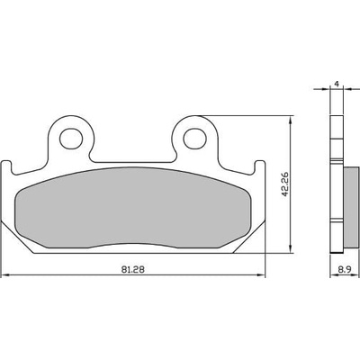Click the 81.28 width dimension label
coord(133,269)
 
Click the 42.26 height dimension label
coord(284,184)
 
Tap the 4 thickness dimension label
coord(337,84)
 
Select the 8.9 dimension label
coord(345,270)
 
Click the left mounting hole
coord(71,139)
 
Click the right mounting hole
coord(195,139)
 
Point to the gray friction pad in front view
coord(133,208)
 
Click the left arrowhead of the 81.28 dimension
coord(5,274)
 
